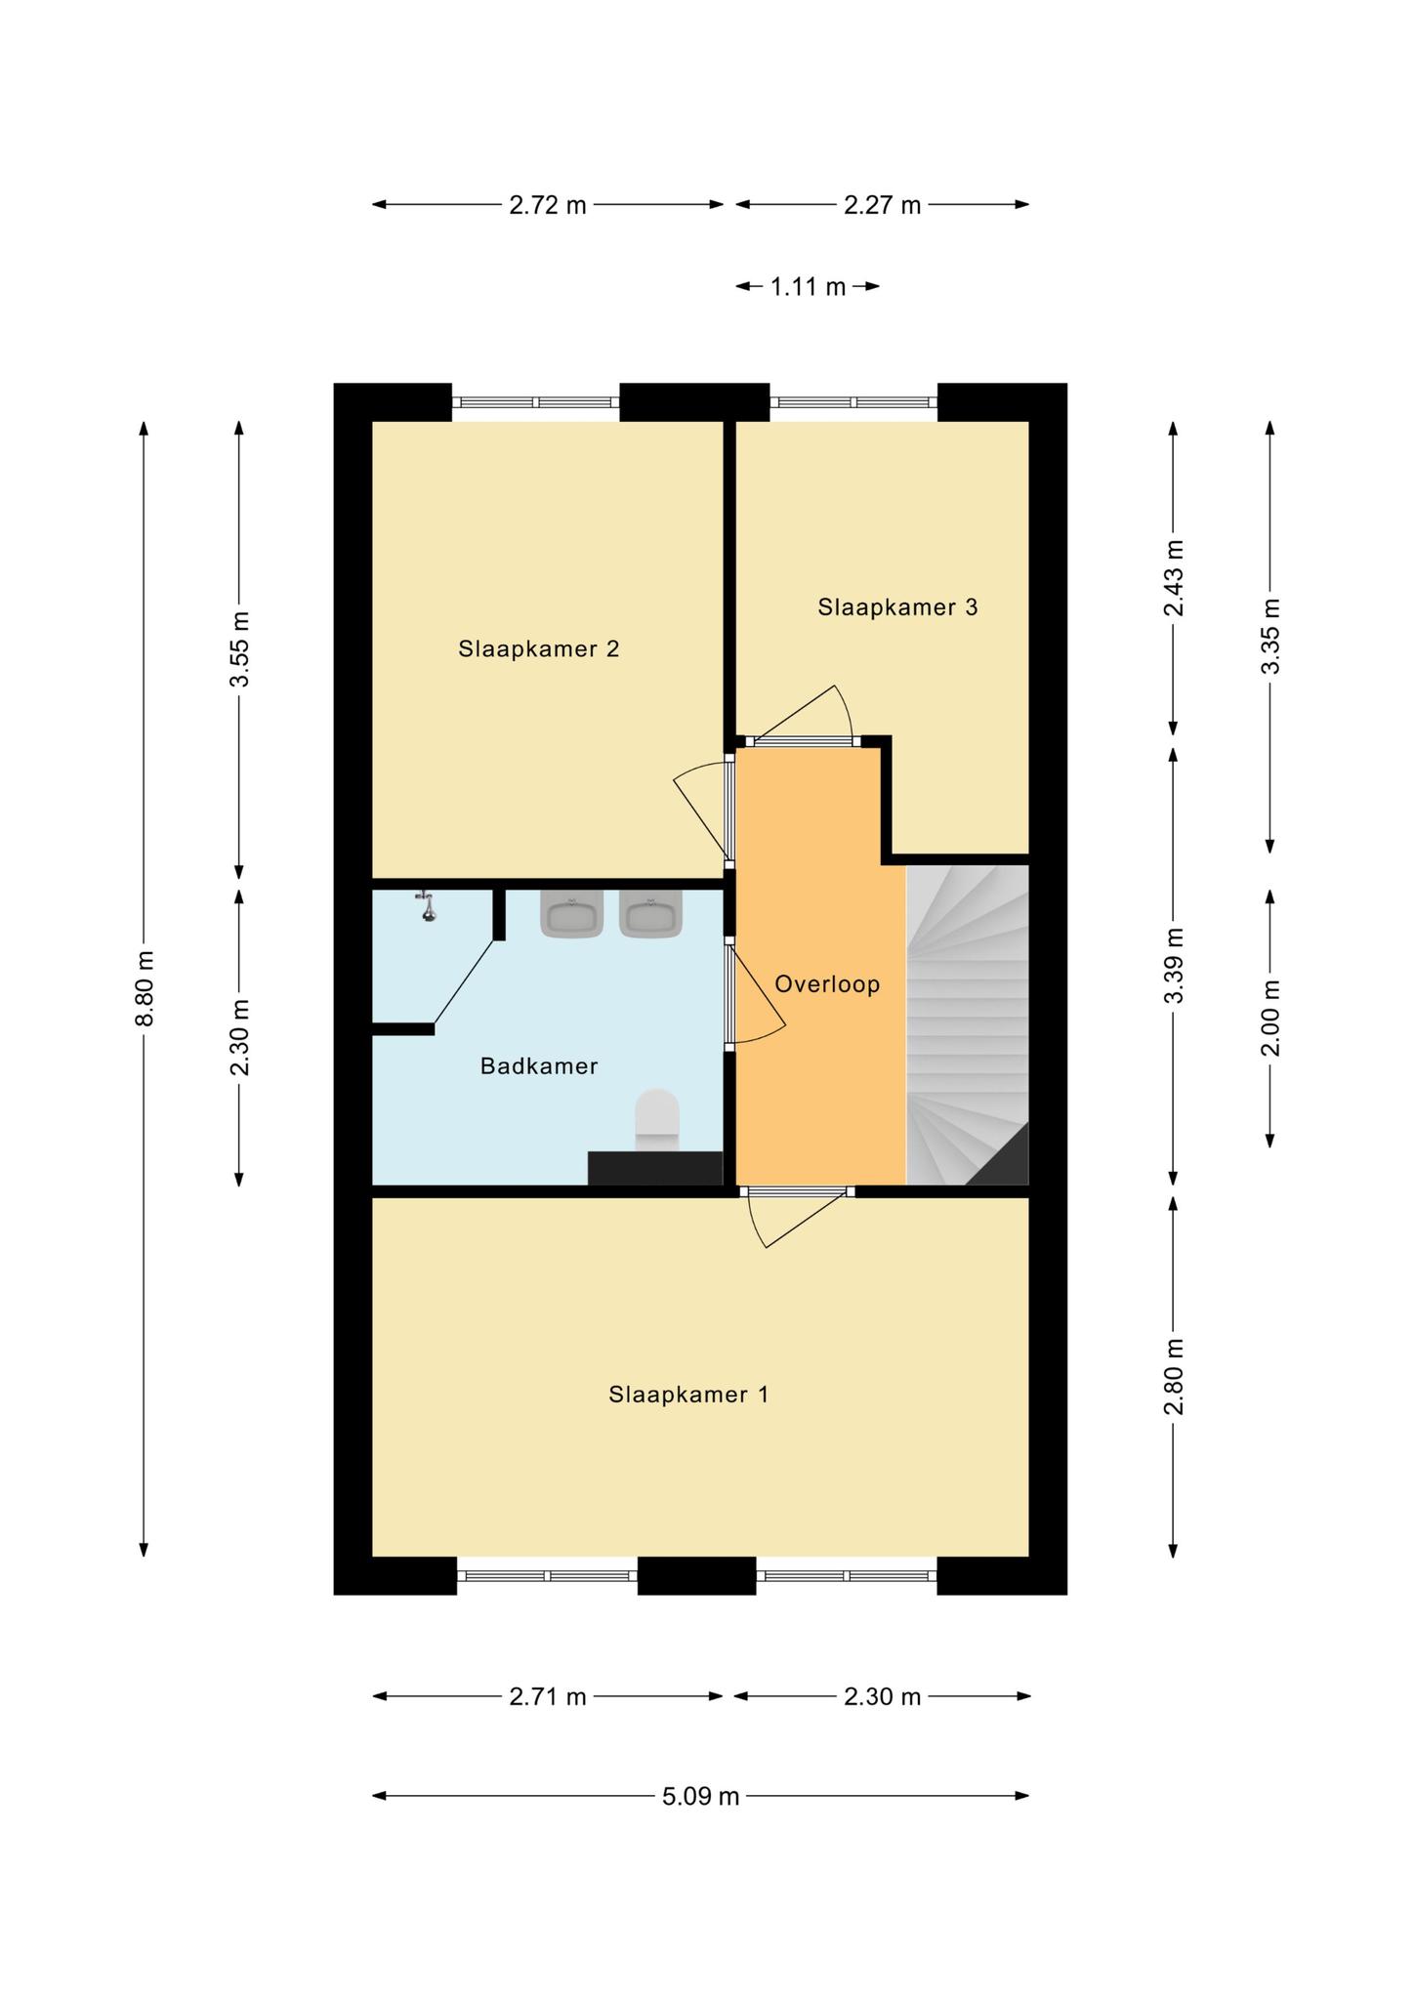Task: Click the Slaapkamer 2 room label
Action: (539, 649)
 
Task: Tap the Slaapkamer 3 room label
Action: (897, 607)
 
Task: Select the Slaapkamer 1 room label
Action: (688, 1395)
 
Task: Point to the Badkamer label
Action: (539, 1066)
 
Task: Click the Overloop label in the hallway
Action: (827, 984)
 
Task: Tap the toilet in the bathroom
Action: (657, 1120)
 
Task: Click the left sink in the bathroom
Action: (572, 914)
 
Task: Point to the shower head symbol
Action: (426, 905)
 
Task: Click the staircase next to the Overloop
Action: (968, 1025)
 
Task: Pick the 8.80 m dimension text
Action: (145, 988)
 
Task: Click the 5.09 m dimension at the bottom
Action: (701, 1796)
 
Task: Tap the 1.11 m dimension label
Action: (809, 287)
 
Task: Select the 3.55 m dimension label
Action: (240, 649)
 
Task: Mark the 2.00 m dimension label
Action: (1270, 1018)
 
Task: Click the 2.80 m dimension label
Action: (1174, 1376)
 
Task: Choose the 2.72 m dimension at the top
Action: (548, 205)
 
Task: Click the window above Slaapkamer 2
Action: (536, 401)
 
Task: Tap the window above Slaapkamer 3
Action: (853, 401)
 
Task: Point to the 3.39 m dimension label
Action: (1174, 965)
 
